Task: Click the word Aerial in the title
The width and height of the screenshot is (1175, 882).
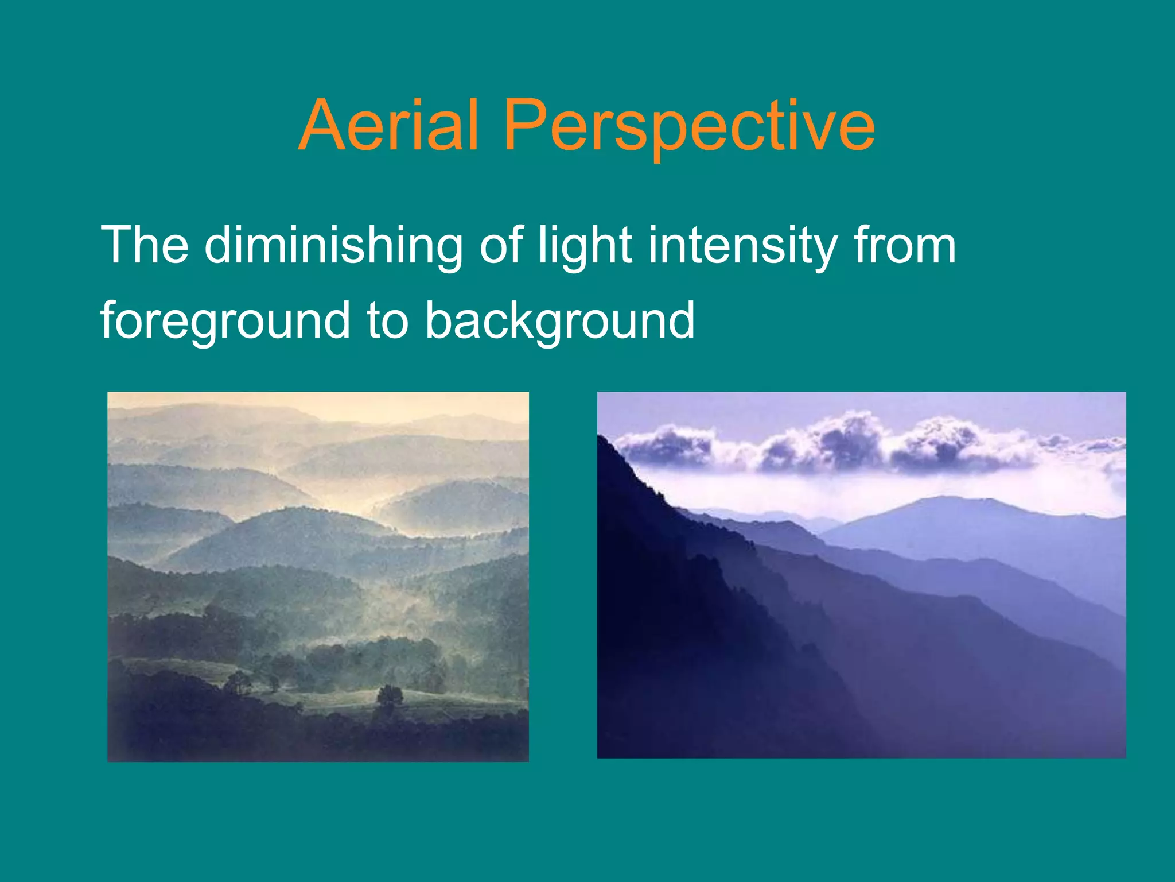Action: point(388,125)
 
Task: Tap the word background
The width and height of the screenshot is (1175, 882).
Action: point(559,321)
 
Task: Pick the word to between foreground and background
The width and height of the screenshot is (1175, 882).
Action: point(387,321)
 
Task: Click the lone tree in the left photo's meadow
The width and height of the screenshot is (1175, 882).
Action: point(390,695)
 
